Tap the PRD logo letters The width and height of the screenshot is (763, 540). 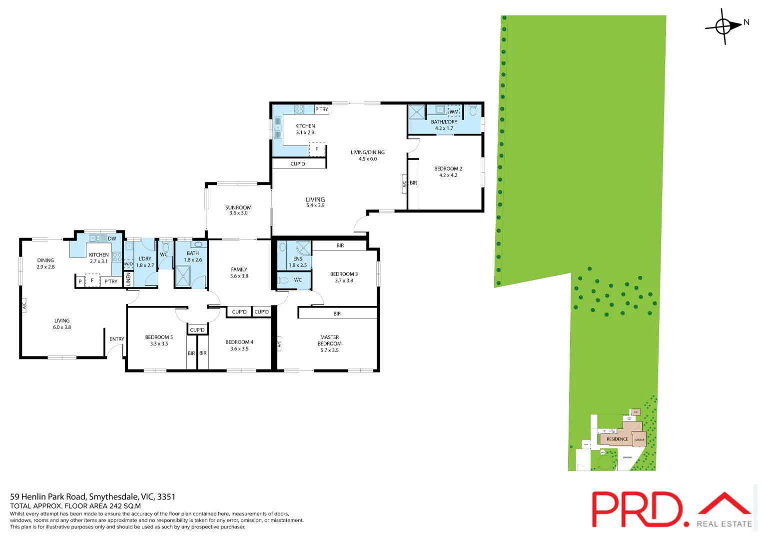[637, 509]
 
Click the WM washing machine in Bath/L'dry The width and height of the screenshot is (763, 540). [454, 111]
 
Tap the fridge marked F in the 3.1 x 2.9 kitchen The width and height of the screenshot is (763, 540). [316, 149]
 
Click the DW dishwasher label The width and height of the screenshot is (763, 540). [112, 238]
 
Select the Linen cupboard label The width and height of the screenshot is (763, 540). [128, 279]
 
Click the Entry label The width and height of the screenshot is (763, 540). [117, 339]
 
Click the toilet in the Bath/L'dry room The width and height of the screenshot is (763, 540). [473, 110]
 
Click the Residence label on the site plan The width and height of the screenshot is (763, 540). [617, 439]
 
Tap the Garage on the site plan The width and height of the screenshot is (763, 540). [639, 439]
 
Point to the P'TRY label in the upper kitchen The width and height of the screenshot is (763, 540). [322, 109]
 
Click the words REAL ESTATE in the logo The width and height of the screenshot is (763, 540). [724, 524]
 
